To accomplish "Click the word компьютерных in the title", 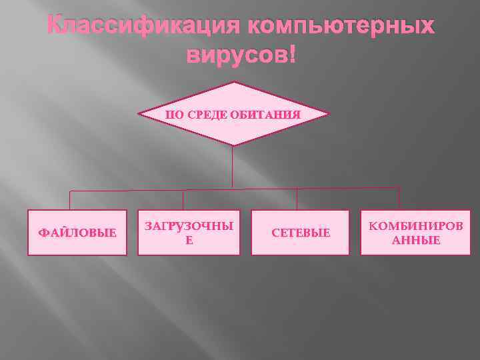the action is coord(341,26).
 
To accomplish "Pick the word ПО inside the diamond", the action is coord(175,115).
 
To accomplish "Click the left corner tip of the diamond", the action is coord(139,114).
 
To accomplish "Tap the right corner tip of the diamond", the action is coord(328,113).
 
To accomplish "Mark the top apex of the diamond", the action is coord(234,82).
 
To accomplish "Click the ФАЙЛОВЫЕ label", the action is coord(77,233).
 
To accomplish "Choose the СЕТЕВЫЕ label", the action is coord(300,233).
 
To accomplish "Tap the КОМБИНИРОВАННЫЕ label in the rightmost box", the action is coord(415,233).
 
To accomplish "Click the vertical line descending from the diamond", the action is coord(232,167).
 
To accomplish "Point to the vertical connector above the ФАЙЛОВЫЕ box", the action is coord(70,201).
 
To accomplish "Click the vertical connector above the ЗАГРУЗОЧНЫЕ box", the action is coord(183,200).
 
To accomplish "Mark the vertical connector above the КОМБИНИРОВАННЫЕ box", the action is coord(399,198).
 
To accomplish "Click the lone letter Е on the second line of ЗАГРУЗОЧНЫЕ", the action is coord(189,240).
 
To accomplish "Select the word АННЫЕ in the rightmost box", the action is coord(415,240).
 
